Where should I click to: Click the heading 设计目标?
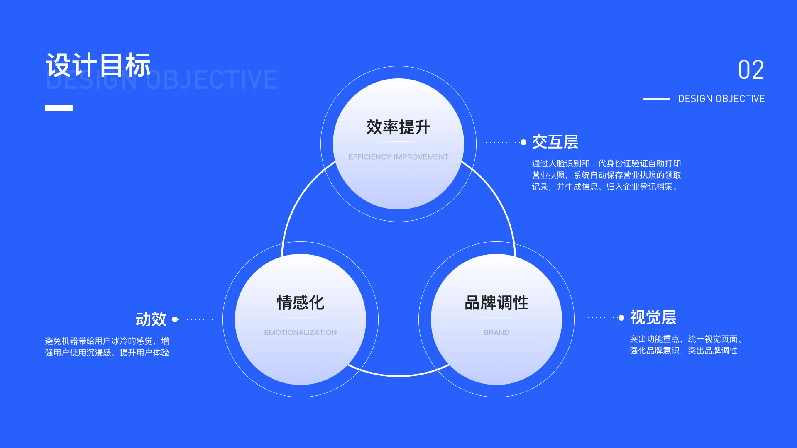[98, 65]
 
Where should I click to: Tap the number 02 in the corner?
[751, 70]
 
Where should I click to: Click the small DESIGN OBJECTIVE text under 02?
[721, 99]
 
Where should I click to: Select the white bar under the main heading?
[59, 108]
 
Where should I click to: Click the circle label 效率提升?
[398, 127]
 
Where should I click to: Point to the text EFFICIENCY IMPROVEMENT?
[398, 157]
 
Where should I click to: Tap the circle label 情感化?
[300, 303]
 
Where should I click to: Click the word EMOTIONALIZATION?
[300, 332]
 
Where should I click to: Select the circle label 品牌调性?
[496, 303]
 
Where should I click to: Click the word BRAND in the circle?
[496, 332]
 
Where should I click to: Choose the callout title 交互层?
[555, 142]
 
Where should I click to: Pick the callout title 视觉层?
[653, 317]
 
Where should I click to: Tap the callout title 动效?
[151, 319]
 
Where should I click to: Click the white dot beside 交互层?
[523, 142]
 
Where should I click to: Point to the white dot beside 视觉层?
[621, 318]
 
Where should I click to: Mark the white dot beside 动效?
[175, 319]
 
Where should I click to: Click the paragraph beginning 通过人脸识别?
[606, 175]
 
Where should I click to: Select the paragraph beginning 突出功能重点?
[685, 345]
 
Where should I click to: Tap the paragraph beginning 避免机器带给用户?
[107, 347]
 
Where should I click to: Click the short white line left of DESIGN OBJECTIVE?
[656, 99]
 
